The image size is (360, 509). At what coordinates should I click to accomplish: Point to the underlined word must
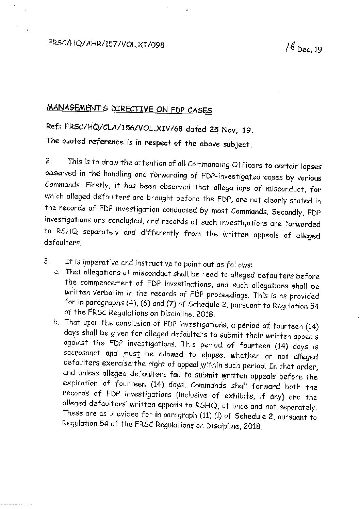(x=129, y=354)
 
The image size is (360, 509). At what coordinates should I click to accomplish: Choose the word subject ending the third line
(x=240, y=144)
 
